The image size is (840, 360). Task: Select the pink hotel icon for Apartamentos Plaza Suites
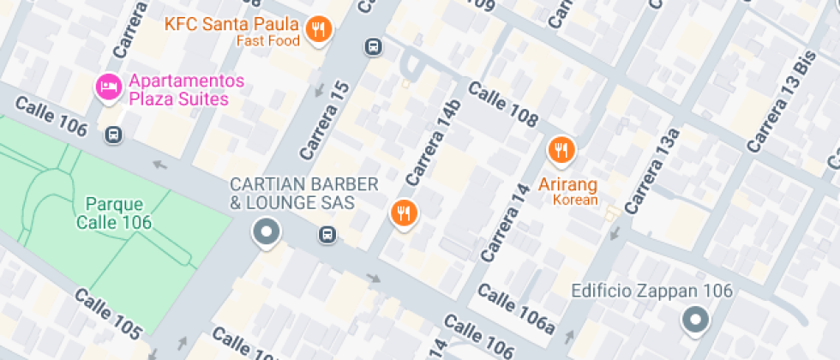pyautogui.click(x=108, y=87)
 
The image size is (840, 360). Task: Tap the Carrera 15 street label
pyautogui.click(x=326, y=120)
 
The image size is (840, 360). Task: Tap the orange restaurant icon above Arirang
pyautogui.click(x=561, y=151)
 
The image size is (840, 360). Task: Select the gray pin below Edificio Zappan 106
pyautogui.click(x=694, y=321)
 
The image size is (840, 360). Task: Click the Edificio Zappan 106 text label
pyautogui.click(x=652, y=291)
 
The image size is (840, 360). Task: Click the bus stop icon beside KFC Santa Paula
pyautogui.click(x=373, y=46)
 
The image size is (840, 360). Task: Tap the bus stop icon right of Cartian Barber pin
pyautogui.click(x=327, y=234)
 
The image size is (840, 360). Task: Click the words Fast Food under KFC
pyautogui.click(x=269, y=40)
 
